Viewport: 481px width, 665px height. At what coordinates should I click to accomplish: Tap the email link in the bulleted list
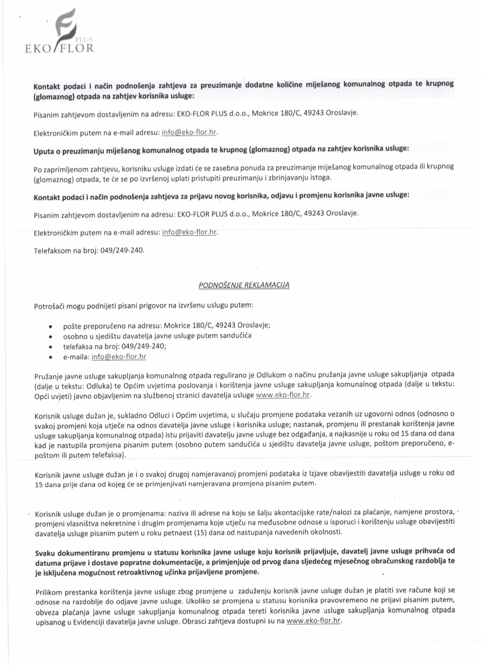(x=118, y=357)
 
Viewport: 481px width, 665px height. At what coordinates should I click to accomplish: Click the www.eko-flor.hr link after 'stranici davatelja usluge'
(x=283, y=395)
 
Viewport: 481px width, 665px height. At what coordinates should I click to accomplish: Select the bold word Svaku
(x=45, y=552)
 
